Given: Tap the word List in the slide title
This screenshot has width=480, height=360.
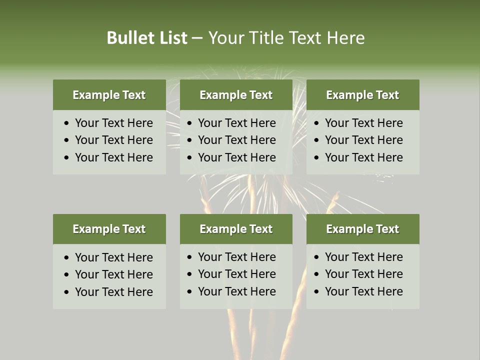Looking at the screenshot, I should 172,38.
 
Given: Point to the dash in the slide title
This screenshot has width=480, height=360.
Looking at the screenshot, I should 197,38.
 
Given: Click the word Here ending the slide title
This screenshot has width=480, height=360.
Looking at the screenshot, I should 345,38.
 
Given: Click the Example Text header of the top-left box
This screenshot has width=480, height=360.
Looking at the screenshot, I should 109,95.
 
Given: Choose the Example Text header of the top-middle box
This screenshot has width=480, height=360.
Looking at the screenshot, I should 236,95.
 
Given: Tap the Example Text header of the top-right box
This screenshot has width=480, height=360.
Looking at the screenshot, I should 362,95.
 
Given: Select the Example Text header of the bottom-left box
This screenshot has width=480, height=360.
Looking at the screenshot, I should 109,229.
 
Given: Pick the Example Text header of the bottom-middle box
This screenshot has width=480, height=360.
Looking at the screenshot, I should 236,229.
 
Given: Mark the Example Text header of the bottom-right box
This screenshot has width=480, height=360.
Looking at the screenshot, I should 362,229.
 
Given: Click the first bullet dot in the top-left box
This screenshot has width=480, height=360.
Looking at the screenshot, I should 67,123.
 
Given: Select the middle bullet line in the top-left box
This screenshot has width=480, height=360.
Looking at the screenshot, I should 113,140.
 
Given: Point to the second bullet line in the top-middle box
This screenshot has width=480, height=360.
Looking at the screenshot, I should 236,140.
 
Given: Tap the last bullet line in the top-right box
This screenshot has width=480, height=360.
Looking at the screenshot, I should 363,157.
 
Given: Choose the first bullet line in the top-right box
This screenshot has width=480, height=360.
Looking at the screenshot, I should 363,123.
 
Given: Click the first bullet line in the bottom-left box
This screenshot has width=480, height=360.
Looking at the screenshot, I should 113,257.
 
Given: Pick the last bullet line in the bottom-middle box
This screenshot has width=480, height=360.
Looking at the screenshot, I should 236,291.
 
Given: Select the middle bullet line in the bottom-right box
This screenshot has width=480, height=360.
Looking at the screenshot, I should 363,274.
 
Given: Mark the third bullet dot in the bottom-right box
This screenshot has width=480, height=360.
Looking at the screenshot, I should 317,292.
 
